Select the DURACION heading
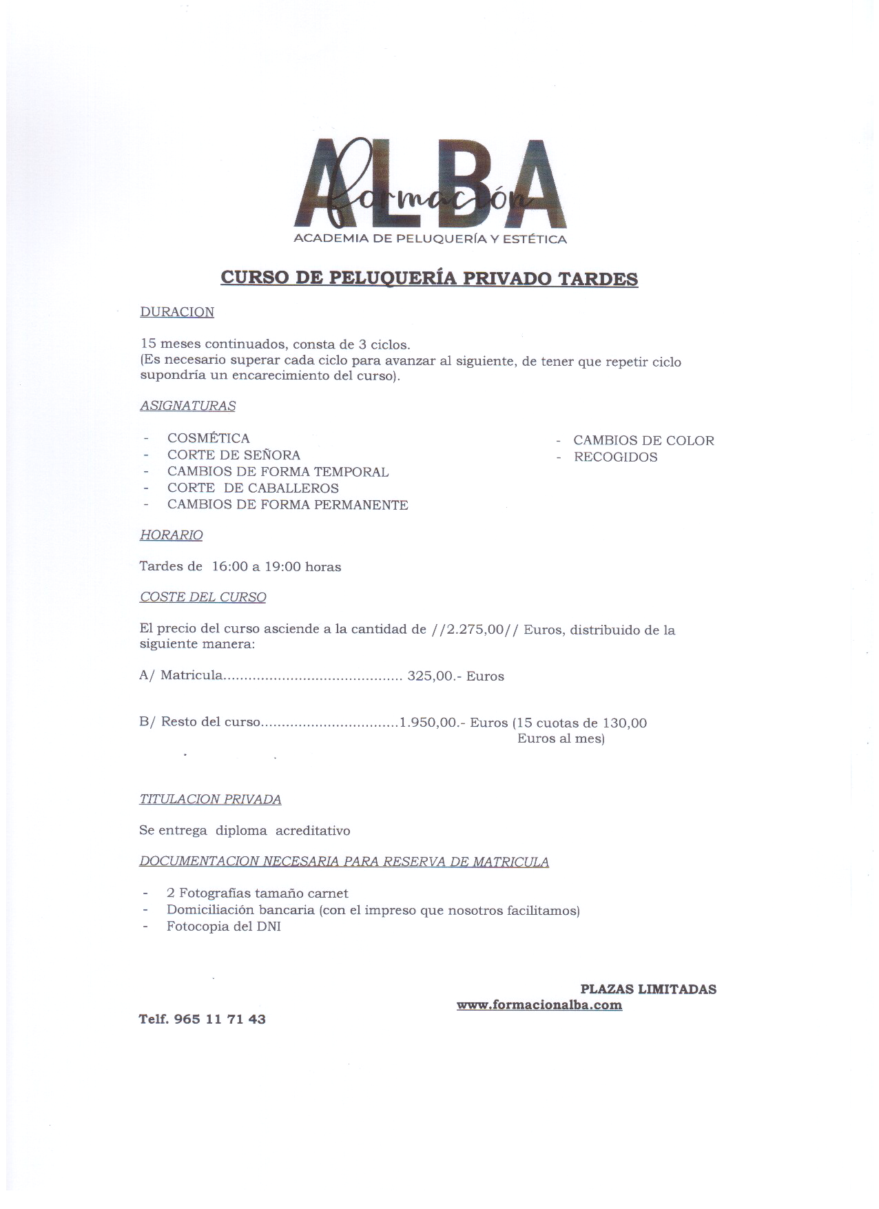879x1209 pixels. coord(177,312)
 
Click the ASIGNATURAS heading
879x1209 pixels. coord(187,406)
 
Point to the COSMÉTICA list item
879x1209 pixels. coord(208,438)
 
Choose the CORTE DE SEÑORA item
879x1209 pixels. coord(234,455)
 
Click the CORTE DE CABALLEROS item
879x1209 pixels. coord(253,488)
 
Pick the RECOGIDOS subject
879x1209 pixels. coord(615,457)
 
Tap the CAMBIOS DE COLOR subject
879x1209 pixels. coord(643,440)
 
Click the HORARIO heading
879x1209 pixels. coord(171,535)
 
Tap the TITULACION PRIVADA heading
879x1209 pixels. coord(210,799)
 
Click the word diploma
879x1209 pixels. coord(241,831)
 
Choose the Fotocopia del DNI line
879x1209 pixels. coord(223,927)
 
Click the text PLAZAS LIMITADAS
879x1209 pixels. coord(648,989)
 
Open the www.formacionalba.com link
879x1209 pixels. coord(539,1005)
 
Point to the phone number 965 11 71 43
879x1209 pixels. coord(220,1019)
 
